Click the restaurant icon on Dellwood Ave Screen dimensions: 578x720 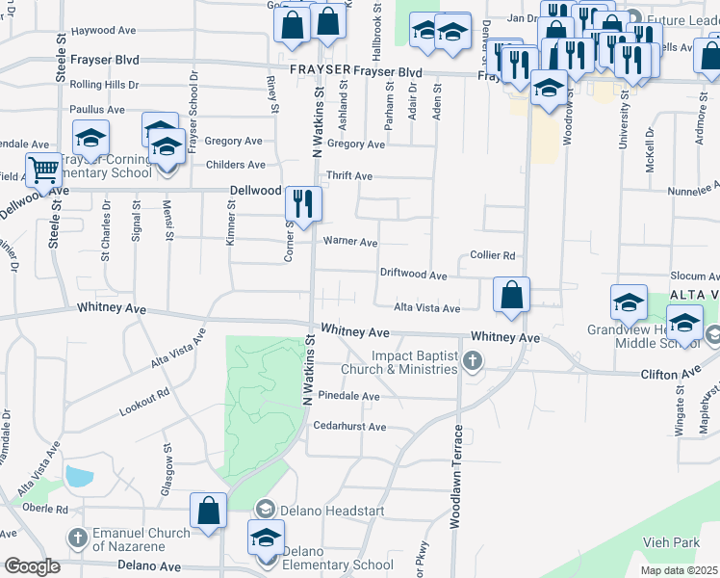[x=303, y=204]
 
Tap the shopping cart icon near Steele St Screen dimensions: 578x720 [x=43, y=171]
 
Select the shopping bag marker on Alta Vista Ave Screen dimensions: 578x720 [x=512, y=294]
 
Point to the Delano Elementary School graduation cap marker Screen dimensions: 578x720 [x=266, y=538]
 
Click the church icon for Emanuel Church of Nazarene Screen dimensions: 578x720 [x=78, y=536]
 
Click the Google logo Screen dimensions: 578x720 [x=31, y=565]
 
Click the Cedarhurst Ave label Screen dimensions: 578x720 [x=349, y=427]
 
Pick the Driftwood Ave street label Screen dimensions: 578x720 [x=413, y=276]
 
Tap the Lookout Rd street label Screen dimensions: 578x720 [x=144, y=401]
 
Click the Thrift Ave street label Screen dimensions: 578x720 [x=349, y=176]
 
